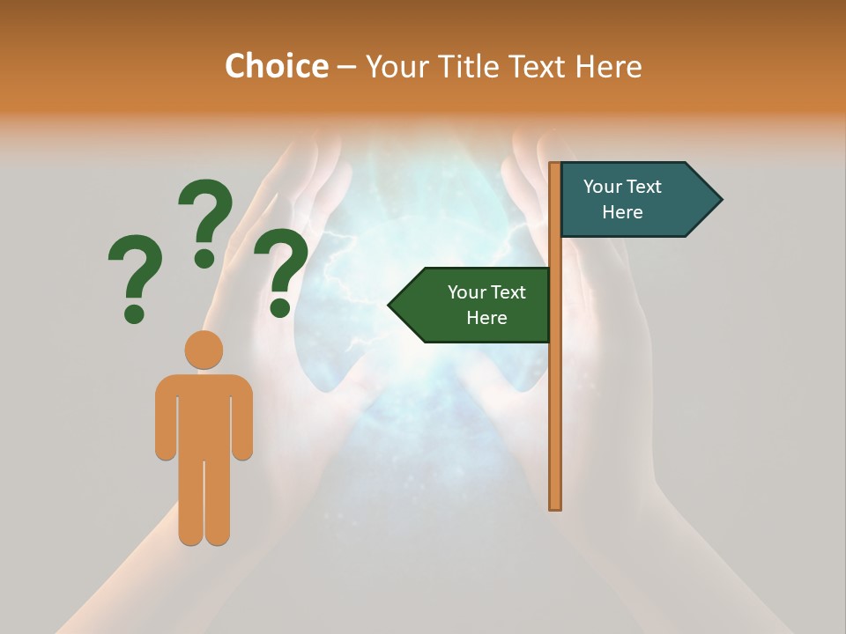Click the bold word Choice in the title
[276, 66]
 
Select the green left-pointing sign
[476, 305]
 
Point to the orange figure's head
[204, 350]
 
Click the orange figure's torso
[204, 414]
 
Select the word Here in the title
[609, 66]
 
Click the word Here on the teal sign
[622, 212]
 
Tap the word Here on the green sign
[486, 318]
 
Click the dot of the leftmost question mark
[134, 313]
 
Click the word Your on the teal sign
[603, 187]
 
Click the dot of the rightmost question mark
[280, 308]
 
